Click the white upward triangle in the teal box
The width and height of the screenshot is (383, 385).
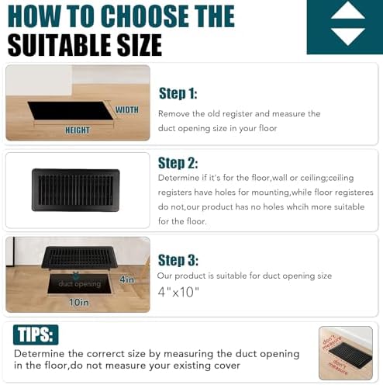click(347, 12)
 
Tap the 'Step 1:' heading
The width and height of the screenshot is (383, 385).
click(178, 94)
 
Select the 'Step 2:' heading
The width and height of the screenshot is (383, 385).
click(178, 163)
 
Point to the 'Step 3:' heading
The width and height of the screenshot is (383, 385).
click(178, 260)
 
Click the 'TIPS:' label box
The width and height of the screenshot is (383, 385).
click(36, 335)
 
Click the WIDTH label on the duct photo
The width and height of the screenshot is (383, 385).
click(126, 109)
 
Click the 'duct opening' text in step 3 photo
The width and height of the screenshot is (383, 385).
click(77, 284)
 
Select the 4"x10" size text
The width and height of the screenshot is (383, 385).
click(178, 292)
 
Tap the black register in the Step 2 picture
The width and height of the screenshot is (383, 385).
click(75, 189)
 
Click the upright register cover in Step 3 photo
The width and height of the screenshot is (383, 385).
click(79, 258)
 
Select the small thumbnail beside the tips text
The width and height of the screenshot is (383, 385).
click(345, 353)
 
